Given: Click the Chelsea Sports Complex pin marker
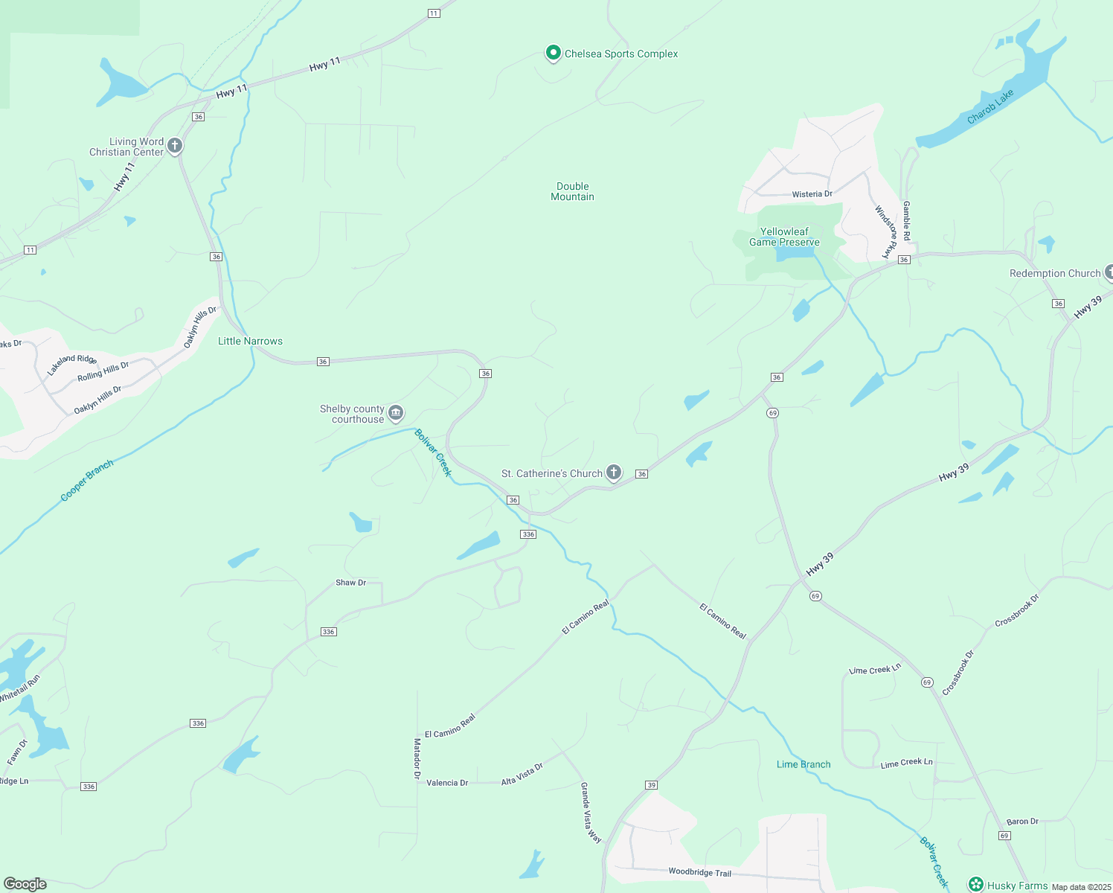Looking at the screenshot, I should (553, 53).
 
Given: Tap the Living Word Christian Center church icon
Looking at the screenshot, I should (175, 146).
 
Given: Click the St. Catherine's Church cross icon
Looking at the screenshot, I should (613, 472).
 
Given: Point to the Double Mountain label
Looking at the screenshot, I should (572, 191).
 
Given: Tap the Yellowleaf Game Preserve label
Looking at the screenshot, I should (784, 237).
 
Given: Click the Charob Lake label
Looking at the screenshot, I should (990, 107).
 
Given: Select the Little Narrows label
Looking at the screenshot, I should (250, 341).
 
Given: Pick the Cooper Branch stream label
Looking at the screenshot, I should (87, 480).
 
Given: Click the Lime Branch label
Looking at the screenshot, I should (804, 764).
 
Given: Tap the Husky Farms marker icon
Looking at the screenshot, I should (976, 885).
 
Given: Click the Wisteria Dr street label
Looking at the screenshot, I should (812, 194).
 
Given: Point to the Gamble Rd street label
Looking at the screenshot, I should (906, 220).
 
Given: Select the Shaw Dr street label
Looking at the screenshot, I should (351, 583).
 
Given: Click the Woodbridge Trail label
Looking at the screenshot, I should (699, 872).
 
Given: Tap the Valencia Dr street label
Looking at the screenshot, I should (447, 783).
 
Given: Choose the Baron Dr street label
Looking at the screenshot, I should (1022, 822).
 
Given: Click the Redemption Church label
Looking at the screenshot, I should (1054, 273).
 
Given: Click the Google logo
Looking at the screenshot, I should (25, 884).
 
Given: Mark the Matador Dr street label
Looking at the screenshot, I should (417, 758).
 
